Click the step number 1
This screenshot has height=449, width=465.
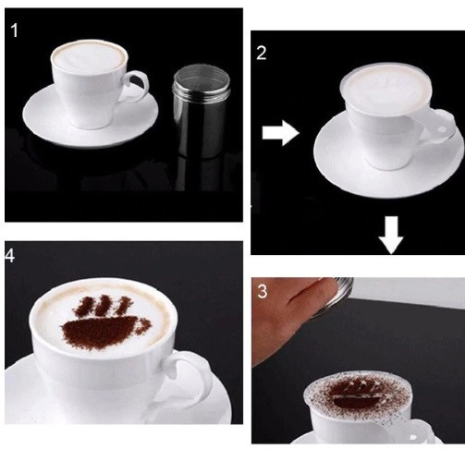(14, 30)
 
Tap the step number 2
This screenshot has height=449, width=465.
(261, 53)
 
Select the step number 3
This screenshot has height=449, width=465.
(262, 291)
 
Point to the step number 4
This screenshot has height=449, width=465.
(9, 256)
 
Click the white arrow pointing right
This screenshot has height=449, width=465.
(280, 133)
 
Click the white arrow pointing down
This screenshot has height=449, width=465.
(391, 236)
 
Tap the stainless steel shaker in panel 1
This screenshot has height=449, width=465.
(202, 112)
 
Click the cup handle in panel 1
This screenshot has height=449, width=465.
(138, 86)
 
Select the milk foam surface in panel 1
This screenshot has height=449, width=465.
(89, 55)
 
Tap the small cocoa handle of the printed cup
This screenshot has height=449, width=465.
(142, 326)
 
